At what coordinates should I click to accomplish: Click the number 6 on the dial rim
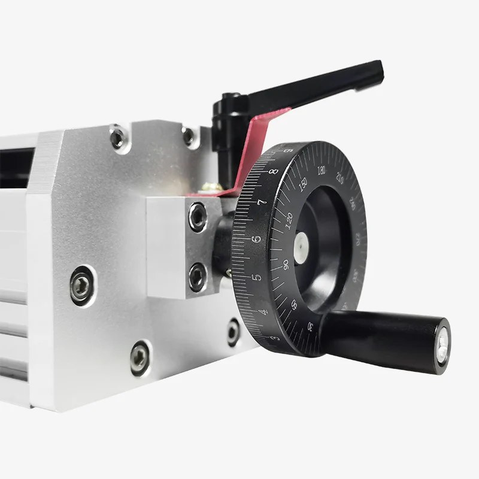256,239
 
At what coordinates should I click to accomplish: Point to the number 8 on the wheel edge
274,171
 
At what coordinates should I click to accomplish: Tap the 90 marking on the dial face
286,265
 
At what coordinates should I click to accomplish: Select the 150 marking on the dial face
303,184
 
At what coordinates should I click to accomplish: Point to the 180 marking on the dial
322,170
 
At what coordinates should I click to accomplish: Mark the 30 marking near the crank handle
310,326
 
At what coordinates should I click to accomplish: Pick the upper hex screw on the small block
198,217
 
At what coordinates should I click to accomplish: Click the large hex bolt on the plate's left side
81,285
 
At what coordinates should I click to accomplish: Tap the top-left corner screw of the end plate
118,138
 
